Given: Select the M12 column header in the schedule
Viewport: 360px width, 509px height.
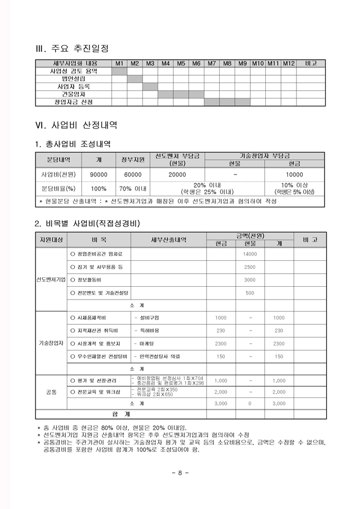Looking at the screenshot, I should point(288,63).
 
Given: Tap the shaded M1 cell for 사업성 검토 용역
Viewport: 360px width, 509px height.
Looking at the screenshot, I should point(119,71).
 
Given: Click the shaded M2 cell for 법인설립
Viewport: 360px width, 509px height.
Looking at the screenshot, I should point(134,78).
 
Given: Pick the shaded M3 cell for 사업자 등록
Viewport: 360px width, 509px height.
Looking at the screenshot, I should point(150,86).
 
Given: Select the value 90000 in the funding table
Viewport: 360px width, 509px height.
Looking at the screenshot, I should point(98,174).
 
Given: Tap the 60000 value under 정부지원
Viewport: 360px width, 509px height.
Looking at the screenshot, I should point(133,174).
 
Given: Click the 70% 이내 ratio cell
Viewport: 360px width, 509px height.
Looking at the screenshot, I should point(133,188).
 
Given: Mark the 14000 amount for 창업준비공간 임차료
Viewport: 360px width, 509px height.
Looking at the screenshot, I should point(250,254).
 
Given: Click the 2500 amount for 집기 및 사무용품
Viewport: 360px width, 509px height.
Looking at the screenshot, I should point(250,267).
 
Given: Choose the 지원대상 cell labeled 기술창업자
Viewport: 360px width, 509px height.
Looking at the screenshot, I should point(51,343).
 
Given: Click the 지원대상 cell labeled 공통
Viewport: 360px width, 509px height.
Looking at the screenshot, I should point(51,392).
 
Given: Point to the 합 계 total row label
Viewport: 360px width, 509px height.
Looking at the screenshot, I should point(121,414).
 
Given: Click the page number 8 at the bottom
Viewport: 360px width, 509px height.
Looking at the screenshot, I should point(180,472).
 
